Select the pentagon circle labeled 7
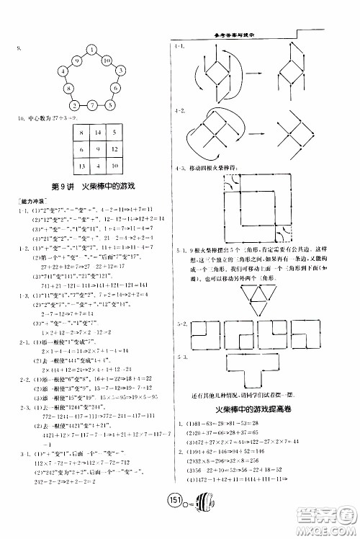tap(91, 105)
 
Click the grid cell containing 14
tap(98, 133)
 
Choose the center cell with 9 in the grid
tap(98, 149)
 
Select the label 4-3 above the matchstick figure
tap(180, 168)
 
